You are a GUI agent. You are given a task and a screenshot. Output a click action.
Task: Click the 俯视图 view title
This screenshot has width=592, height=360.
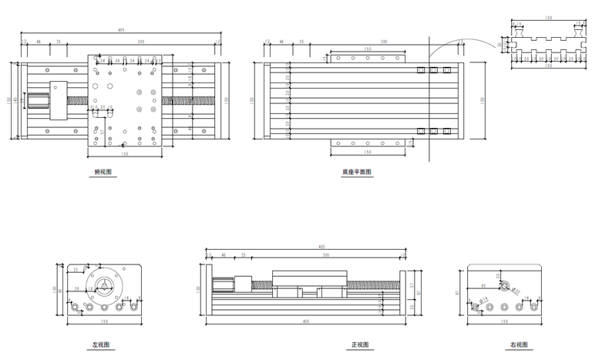103,173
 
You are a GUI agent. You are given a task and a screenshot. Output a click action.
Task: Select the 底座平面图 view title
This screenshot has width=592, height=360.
356,173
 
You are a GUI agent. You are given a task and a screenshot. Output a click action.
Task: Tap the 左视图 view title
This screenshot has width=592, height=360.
101,345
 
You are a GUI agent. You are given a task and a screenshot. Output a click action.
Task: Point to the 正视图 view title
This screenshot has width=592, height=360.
360,345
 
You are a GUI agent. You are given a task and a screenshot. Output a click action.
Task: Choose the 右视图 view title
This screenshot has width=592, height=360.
518,345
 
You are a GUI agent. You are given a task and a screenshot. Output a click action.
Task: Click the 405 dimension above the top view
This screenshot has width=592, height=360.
122,30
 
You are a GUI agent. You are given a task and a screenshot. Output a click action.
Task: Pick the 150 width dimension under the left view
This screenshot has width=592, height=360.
103,321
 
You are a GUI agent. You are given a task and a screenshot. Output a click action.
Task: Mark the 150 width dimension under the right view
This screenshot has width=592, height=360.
504,321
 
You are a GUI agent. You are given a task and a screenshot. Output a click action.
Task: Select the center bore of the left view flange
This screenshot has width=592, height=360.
102,286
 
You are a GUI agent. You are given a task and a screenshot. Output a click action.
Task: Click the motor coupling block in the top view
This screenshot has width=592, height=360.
59,100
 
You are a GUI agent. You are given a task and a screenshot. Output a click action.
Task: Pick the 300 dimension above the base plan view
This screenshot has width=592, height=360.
383,41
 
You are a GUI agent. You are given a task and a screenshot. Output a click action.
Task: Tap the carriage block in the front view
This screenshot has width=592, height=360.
308,280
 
